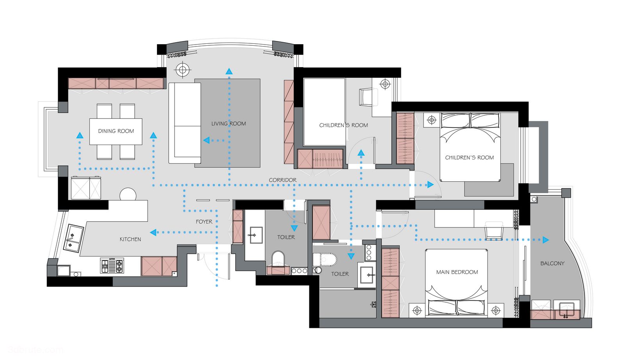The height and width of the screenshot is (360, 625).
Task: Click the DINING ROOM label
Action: tap(116, 131)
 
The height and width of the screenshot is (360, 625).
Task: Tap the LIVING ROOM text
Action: tap(229, 124)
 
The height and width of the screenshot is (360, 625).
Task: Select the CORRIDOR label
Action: tap(283, 180)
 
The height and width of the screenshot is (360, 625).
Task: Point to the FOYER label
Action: tap(204, 222)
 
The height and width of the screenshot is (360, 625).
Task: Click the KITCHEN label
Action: tap(130, 239)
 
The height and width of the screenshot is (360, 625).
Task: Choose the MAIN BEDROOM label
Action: tap(457, 272)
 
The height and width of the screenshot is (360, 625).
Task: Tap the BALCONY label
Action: tap(552, 263)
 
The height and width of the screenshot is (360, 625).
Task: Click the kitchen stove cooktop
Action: tap(112, 265)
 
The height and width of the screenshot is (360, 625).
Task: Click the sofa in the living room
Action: tap(185, 123)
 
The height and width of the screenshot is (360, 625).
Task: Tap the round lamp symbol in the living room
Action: tap(182, 69)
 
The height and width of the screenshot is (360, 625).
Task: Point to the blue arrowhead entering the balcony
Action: tap(546, 240)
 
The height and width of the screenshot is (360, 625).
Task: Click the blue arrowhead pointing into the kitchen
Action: tap(153, 232)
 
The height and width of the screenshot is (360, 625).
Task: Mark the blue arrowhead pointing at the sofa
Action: tap(207, 140)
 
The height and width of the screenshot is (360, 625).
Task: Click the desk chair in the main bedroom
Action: tap(494, 231)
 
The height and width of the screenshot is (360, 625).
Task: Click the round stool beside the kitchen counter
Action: tap(128, 194)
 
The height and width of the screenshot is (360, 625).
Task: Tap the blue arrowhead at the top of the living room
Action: tap(229, 71)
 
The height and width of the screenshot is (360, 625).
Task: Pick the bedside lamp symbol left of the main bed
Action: tap(417, 310)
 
